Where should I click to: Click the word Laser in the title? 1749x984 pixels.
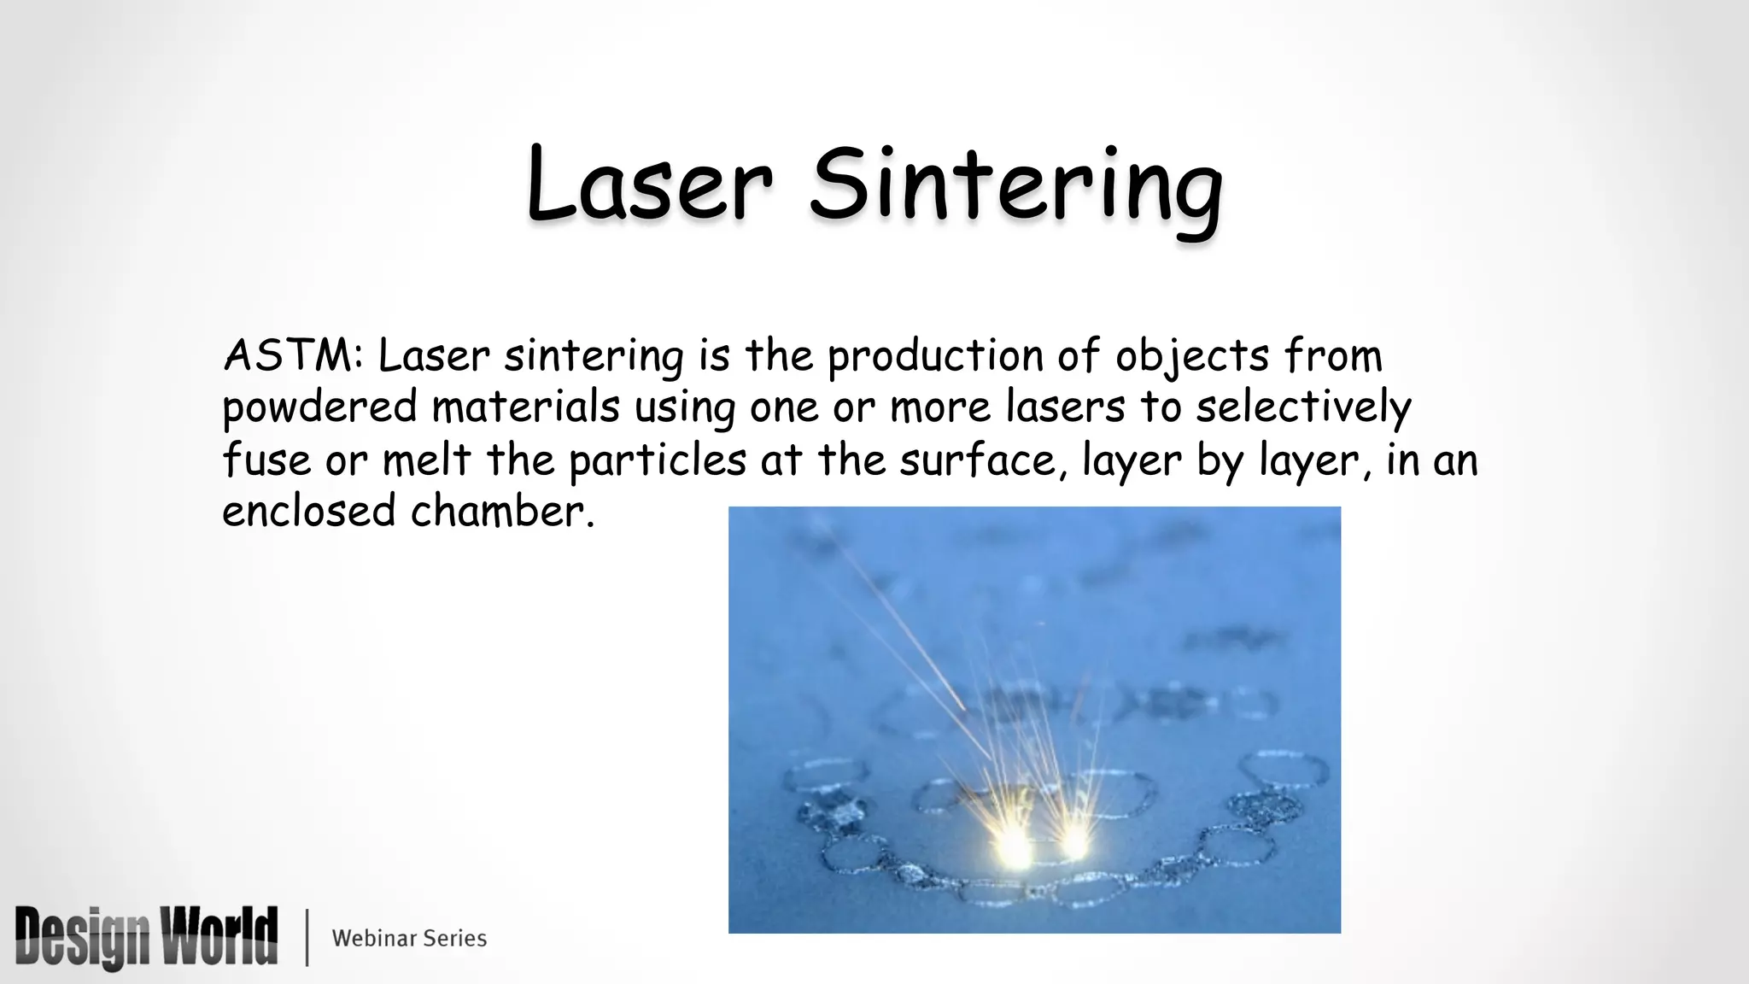[649, 184]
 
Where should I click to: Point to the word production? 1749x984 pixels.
[934, 357]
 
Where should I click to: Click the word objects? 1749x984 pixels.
[1192, 357]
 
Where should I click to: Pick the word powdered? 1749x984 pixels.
[319, 408]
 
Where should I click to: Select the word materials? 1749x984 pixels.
[525, 407]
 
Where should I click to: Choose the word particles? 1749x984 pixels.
[658, 461]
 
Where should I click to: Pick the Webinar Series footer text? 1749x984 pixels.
[409, 938]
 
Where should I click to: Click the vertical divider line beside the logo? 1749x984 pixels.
[307, 938]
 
